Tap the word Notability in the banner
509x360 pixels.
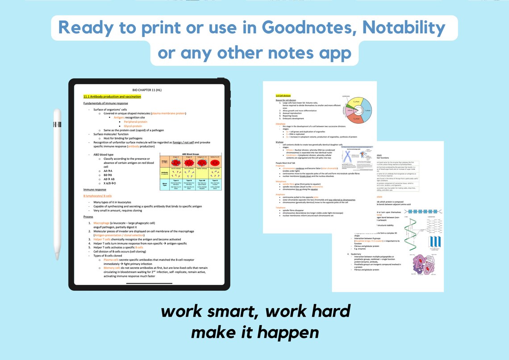pyautogui.click(x=404, y=28)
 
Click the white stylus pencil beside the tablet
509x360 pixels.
pyautogui.click(x=57, y=184)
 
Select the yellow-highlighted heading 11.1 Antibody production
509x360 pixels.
pyautogui.click(x=112, y=96)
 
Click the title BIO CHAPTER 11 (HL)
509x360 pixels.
pyautogui.click(x=149, y=90)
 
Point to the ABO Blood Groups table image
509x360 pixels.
pyautogui.click(x=192, y=172)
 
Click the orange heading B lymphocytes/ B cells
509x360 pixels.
pyautogui.click(x=97, y=196)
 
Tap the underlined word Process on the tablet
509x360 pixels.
pyautogui.click(x=88, y=217)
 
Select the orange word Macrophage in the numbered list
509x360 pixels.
pyautogui.click(x=102, y=222)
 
